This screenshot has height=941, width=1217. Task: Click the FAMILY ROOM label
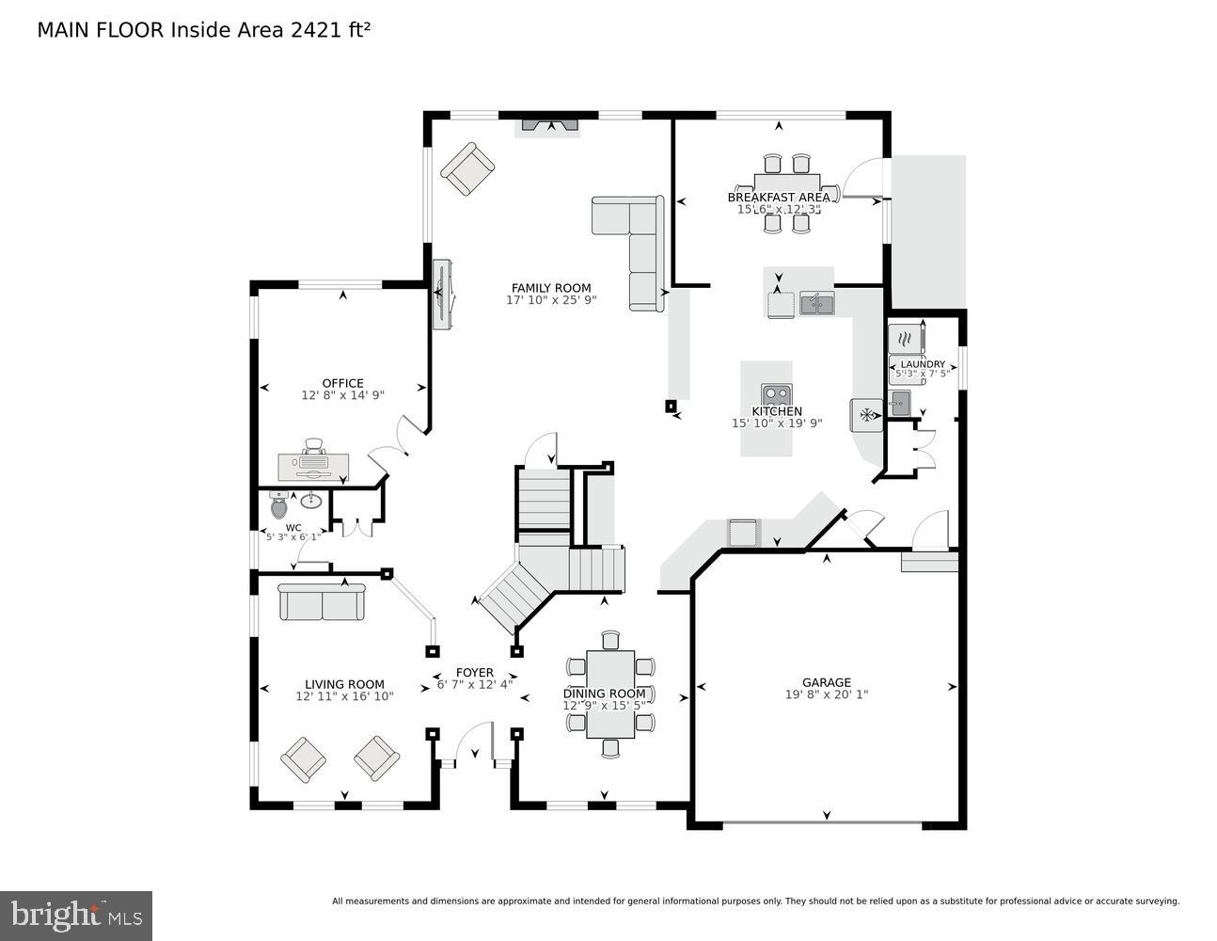click(x=551, y=288)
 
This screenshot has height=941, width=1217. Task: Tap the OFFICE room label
click(x=342, y=383)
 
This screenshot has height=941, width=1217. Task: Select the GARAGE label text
click(x=826, y=682)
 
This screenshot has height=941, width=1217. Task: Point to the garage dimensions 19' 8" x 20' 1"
click(x=826, y=695)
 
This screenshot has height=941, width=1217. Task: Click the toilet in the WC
click(x=279, y=506)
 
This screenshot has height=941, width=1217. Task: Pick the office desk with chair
click(x=313, y=461)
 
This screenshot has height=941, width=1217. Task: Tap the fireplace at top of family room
click(x=551, y=124)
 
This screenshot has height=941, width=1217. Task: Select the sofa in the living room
click(x=322, y=602)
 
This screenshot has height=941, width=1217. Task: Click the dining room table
click(x=609, y=694)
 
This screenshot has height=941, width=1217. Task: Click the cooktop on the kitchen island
click(x=776, y=394)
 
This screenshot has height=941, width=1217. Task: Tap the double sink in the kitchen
click(x=816, y=303)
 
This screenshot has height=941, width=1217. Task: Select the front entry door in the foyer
click(x=474, y=743)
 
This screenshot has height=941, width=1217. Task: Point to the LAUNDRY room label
click(x=922, y=364)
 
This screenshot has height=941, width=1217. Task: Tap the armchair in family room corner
click(x=467, y=168)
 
